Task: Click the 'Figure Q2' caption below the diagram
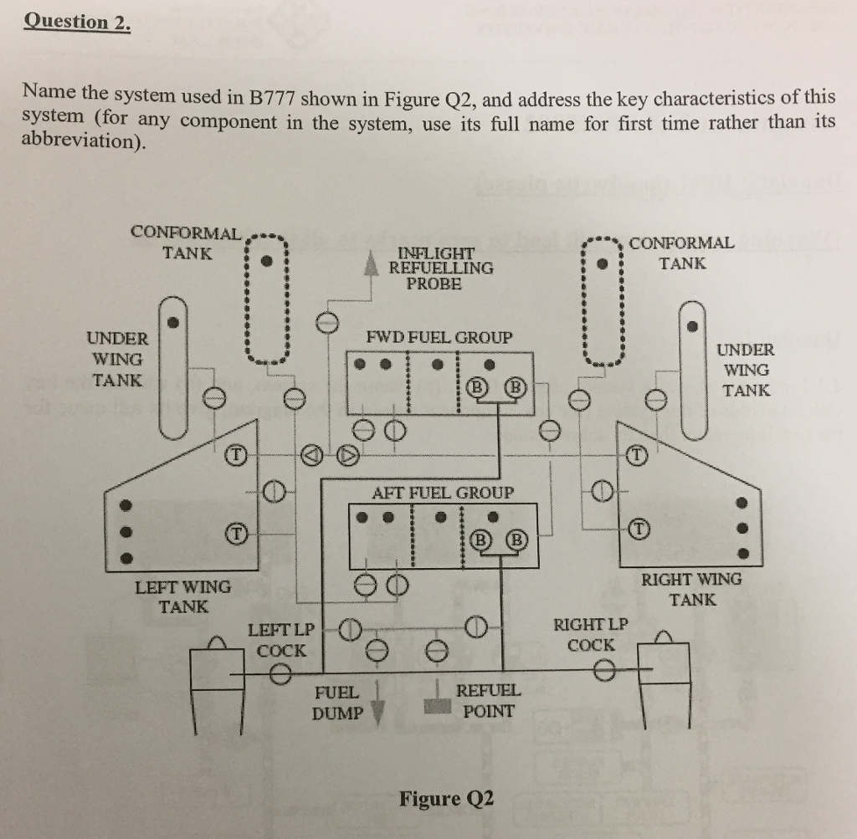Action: (446, 798)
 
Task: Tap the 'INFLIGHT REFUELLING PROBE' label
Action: (441, 268)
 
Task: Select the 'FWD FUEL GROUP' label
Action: (439, 338)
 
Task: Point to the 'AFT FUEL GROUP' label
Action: (443, 493)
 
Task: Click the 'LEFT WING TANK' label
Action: (183, 596)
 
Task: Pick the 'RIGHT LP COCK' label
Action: (590, 635)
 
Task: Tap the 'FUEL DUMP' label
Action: (337, 703)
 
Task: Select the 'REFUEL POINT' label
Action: (488, 701)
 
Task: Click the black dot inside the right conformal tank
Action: (601, 263)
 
